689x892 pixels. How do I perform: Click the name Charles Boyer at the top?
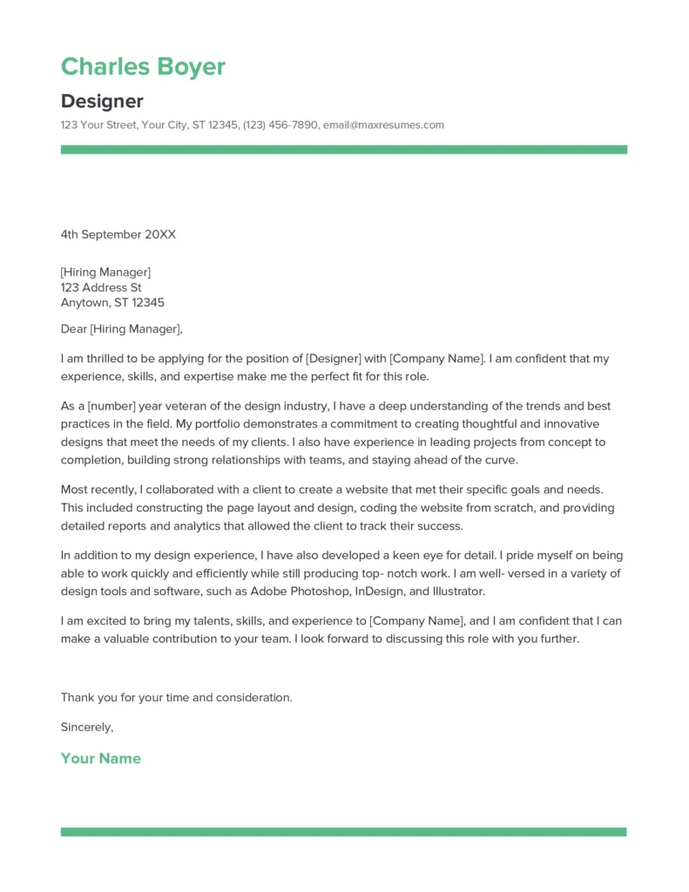[x=143, y=67]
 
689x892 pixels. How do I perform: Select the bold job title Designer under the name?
[x=102, y=101]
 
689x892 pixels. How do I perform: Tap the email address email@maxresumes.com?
[x=383, y=125]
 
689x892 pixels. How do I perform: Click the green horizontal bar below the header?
[x=343, y=150]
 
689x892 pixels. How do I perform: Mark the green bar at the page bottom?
[x=343, y=832]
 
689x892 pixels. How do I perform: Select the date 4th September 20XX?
[x=118, y=234]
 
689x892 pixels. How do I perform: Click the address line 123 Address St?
[x=101, y=287]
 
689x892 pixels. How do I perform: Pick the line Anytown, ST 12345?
[x=112, y=303]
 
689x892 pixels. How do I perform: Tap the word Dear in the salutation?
[x=74, y=329]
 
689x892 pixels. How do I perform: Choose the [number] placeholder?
[x=105, y=407]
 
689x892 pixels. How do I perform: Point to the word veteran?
[x=193, y=407]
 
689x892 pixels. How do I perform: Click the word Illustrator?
[x=452, y=591]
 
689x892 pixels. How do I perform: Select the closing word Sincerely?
[x=86, y=726]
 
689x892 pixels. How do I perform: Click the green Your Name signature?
[x=100, y=759]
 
